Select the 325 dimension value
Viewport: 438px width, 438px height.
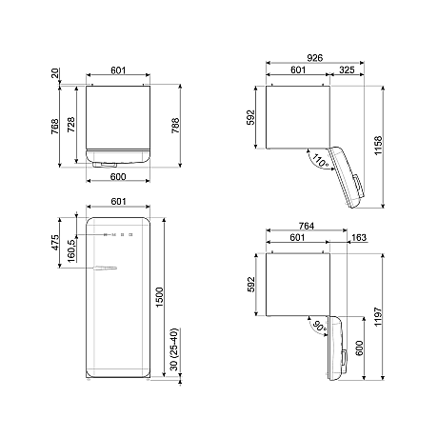[x=347, y=70]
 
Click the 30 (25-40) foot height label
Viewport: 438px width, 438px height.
[x=173, y=351]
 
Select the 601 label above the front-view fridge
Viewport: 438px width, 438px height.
[x=119, y=201]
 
